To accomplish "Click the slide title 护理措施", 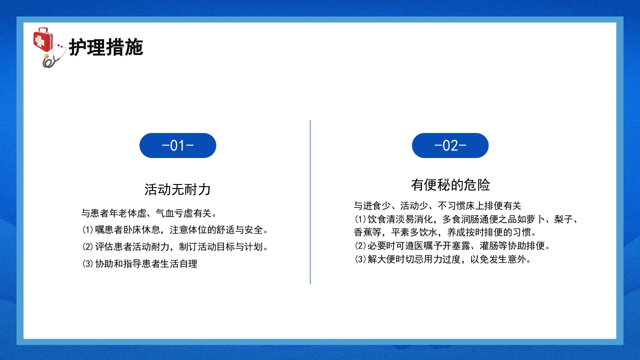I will pos(106,47).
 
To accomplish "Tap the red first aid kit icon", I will pos(42,40).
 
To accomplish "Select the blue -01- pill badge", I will pos(177,145).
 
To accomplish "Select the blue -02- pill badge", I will pos(450,145).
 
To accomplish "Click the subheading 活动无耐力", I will pos(177,189).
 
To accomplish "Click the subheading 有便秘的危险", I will pos(450,185).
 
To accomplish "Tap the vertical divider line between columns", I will pos(310,202).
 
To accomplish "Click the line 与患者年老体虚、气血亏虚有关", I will pos(149,213).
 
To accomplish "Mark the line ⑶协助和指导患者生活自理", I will pos(139,263).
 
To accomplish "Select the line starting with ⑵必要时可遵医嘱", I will pos(452,246).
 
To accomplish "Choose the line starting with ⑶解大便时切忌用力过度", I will pos(442,259).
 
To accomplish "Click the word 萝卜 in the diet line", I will pos(540,219).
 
